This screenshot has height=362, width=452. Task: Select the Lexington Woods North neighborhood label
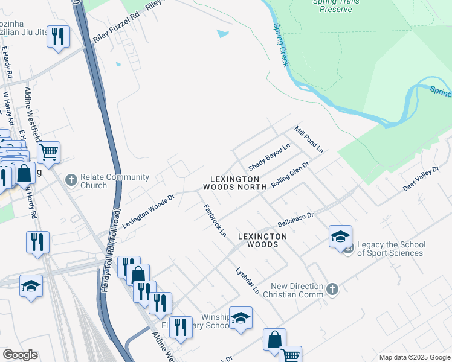click(234, 183)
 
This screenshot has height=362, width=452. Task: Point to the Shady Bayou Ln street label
click(269, 157)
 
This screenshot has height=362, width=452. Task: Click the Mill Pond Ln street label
click(309, 139)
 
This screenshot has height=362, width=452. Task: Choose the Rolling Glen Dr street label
click(290, 174)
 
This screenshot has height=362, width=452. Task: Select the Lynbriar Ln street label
click(248, 280)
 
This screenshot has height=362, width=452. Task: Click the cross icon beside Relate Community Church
click(71, 180)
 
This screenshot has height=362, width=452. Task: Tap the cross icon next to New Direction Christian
click(332, 290)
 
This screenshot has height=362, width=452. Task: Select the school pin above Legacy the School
click(340, 236)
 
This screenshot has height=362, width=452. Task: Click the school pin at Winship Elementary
click(241, 318)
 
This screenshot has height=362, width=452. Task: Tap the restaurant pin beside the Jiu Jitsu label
click(59, 36)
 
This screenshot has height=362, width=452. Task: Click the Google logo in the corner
click(20, 355)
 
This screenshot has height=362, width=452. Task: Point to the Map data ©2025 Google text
click(414, 357)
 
